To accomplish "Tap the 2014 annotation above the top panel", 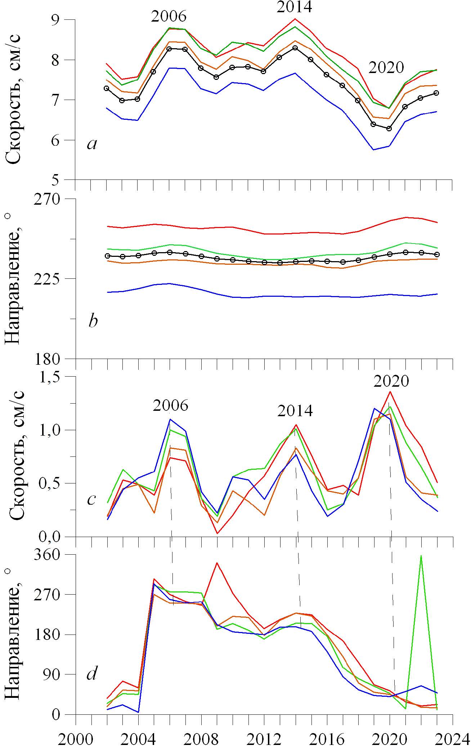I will click(294, 7).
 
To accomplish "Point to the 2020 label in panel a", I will click(386, 68).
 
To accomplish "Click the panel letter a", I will click(92, 144).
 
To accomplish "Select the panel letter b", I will click(93, 321).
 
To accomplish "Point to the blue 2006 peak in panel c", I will click(170, 419).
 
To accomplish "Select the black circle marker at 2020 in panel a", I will click(389, 128).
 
